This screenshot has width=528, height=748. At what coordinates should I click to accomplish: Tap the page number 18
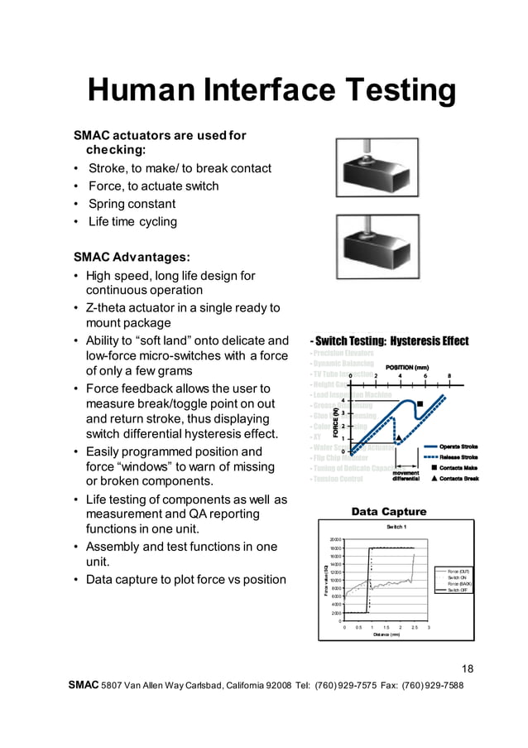468,669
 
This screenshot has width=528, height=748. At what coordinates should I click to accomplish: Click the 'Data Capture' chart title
389,512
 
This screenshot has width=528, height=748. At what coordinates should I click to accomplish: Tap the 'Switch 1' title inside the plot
396,527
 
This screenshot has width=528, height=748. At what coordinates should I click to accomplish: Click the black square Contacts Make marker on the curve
421,403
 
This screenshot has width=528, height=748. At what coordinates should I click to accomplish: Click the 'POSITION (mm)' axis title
406,368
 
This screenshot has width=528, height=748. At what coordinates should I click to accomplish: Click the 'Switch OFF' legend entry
458,591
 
